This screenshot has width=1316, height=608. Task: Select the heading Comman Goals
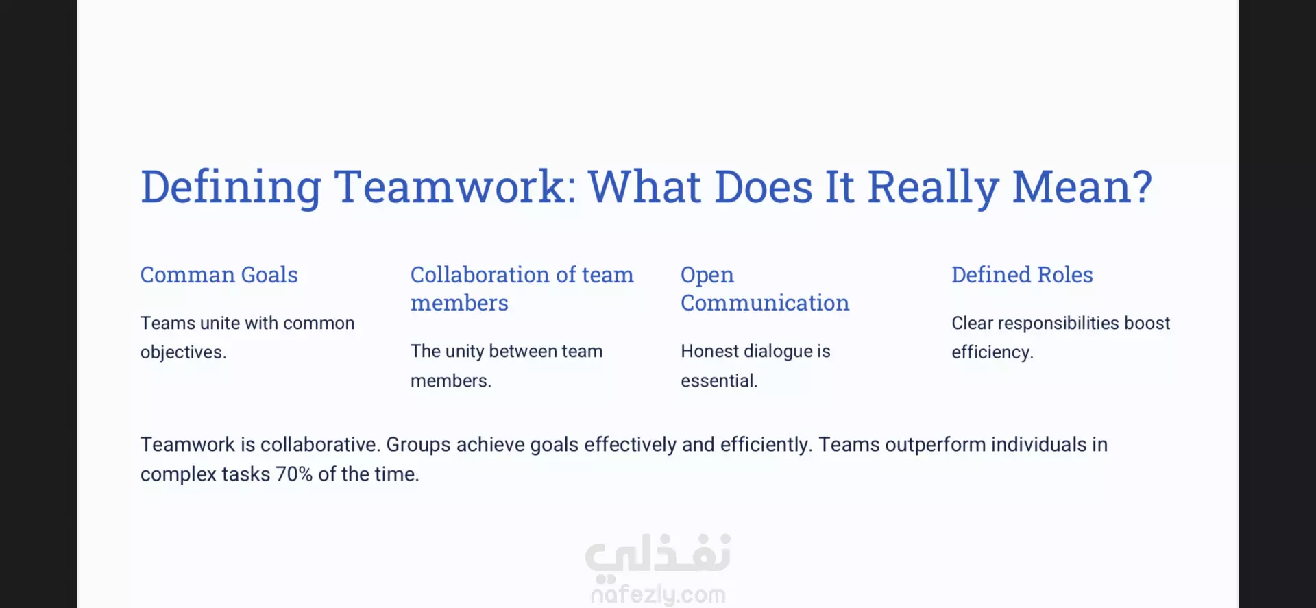(x=219, y=275)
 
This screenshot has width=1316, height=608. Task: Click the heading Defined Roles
(x=1022, y=275)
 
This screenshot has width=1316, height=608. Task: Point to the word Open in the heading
(x=707, y=276)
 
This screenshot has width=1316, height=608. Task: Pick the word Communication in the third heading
(x=765, y=303)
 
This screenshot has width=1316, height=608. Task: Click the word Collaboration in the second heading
(x=480, y=275)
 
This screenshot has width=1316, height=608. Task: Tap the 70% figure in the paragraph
(x=294, y=474)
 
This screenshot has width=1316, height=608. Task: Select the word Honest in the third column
(x=710, y=352)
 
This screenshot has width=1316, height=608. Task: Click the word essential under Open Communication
(x=719, y=381)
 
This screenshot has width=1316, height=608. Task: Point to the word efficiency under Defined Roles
(x=992, y=352)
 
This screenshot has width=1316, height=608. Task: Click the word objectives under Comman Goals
(x=183, y=352)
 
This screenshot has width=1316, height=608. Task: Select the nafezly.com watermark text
(x=658, y=594)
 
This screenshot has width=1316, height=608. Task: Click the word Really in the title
(x=933, y=188)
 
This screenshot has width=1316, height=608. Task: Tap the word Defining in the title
(x=231, y=188)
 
